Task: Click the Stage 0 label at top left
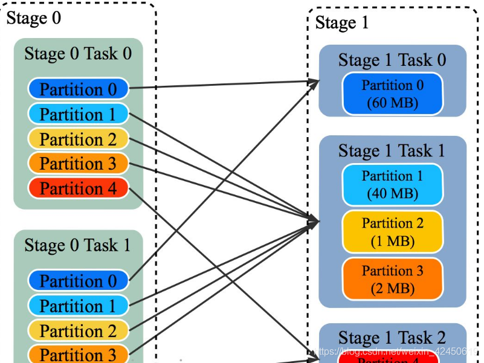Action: (x=34, y=18)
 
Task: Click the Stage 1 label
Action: (x=342, y=24)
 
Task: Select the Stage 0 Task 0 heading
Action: (x=78, y=54)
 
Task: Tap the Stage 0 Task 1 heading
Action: (x=78, y=245)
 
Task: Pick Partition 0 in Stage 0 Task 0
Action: (x=78, y=89)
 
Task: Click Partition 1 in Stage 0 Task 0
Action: (x=78, y=114)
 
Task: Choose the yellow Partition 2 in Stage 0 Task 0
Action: (x=78, y=139)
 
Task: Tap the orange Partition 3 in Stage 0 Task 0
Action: (x=78, y=164)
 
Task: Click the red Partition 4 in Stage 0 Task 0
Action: (x=78, y=188)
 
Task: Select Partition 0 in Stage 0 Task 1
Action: (x=78, y=281)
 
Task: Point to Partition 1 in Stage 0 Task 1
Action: (x=78, y=306)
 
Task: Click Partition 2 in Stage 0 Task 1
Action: (x=78, y=331)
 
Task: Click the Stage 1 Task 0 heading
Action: (x=392, y=60)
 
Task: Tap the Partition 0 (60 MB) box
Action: (x=392, y=94)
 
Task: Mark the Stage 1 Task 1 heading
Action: (x=392, y=150)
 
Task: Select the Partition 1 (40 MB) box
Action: (x=392, y=185)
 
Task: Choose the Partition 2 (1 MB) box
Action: (x=392, y=232)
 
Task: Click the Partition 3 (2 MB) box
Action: (x=392, y=279)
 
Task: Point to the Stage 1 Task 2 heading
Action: (x=392, y=337)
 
